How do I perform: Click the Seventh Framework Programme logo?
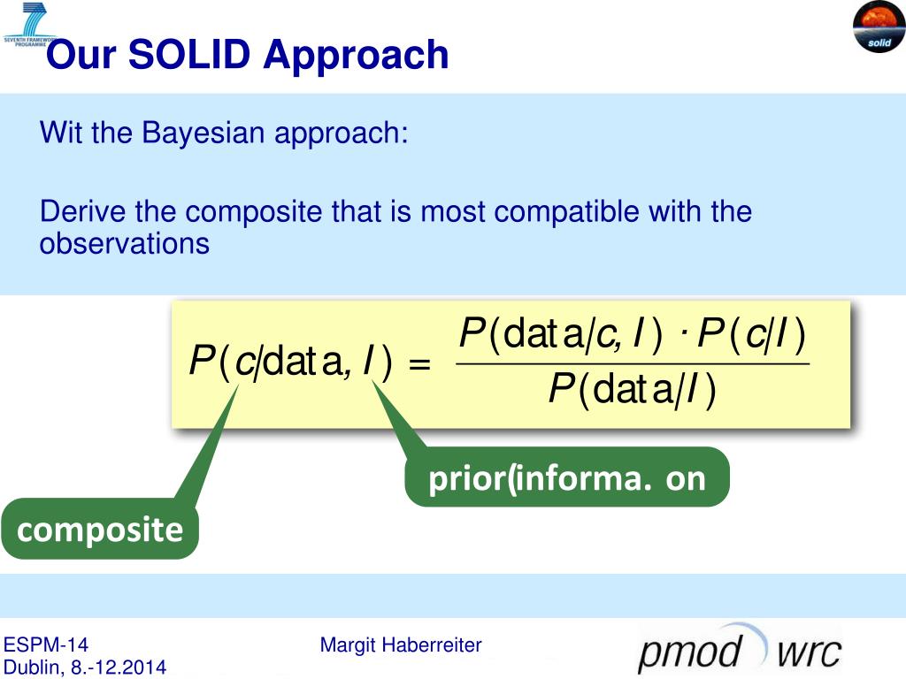coord(30,25)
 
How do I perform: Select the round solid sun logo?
coord(879,27)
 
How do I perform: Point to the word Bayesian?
coord(204,133)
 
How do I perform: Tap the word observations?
coord(124,243)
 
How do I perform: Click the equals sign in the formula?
coord(419,364)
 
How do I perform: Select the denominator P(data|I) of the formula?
coord(632,390)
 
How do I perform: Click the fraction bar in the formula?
coord(633,363)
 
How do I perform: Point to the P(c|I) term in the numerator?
coord(751,335)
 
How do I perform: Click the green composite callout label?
coord(100,529)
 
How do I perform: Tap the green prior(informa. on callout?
coord(567,477)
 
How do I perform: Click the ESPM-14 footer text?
coord(46,645)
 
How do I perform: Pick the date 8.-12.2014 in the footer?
coord(119,668)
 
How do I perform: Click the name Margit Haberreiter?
coord(401,645)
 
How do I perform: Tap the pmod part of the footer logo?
coord(690,652)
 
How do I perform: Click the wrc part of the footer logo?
coord(809,653)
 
